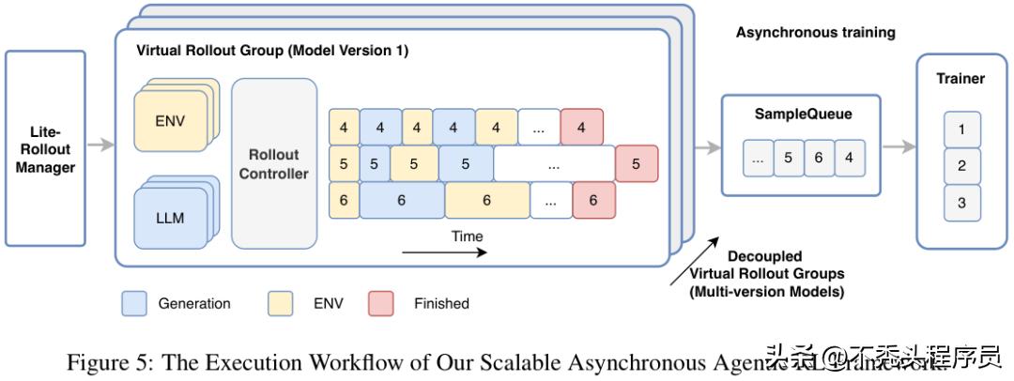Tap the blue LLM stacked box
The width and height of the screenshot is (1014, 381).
169,218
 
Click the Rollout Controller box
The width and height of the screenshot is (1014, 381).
273,162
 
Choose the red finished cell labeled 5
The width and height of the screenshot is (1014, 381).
636,163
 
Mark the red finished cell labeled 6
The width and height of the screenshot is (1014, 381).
592,201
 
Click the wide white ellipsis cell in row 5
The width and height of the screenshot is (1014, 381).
554,163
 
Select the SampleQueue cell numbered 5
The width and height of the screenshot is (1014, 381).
788,158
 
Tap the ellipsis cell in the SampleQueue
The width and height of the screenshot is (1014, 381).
757,158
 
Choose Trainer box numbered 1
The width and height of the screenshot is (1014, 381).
960,130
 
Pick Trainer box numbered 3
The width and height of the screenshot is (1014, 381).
960,203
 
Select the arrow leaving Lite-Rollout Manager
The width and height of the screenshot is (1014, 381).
100,145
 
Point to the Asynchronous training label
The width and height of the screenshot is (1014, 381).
815,32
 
